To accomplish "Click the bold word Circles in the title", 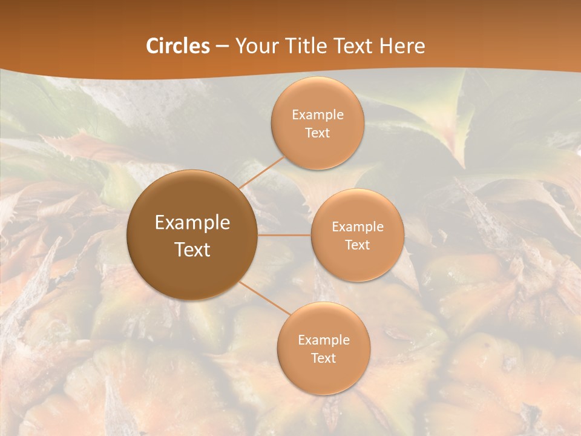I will [x=178, y=46].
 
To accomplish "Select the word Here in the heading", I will [x=402, y=46].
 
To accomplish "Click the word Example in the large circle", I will [x=192, y=223].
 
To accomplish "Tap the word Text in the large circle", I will [x=192, y=249].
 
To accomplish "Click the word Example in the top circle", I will [x=318, y=114].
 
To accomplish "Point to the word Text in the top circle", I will [x=318, y=133].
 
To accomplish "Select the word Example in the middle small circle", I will [x=358, y=226].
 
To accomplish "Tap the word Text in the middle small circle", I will [x=358, y=245].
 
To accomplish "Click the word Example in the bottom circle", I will [x=324, y=340].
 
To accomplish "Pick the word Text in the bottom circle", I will [x=324, y=358].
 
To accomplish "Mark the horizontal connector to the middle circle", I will [x=284, y=235].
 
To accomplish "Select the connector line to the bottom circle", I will [x=264, y=299].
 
